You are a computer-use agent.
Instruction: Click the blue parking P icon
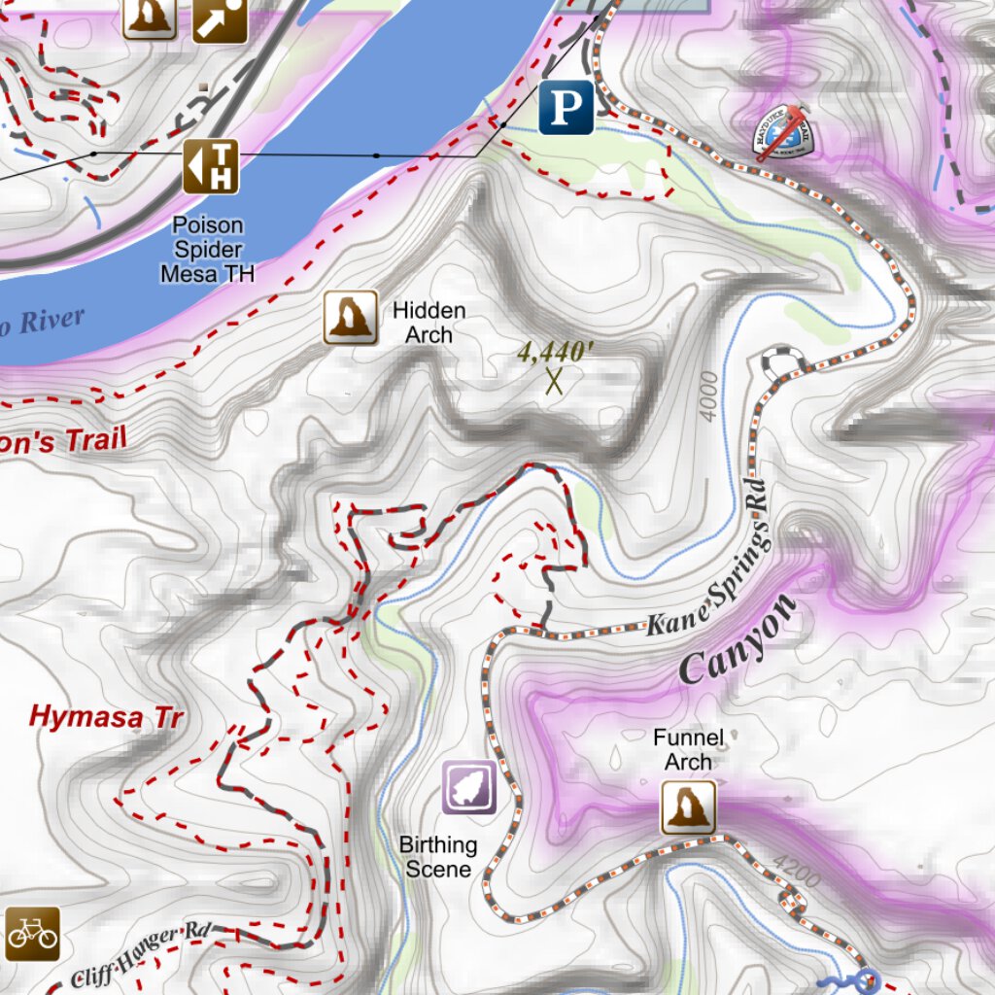coord(566,106)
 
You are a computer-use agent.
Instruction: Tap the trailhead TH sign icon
coord(211,166)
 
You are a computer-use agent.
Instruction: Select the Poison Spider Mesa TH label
coord(207,250)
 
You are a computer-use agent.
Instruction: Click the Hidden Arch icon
coord(350,317)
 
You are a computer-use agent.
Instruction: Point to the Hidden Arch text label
coord(429,323)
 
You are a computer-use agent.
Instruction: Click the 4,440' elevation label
coord(555,352)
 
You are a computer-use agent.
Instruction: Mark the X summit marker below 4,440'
coord(555,381)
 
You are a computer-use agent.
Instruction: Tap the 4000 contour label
coord(709,396)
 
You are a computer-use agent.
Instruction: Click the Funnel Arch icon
coord(689,807)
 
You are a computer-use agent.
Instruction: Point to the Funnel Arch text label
coord(688,750)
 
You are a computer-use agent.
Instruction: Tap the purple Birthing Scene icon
coord(470,787)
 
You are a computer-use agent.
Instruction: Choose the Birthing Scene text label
coord(438,857)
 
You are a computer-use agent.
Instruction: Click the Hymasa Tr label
coord(106,718)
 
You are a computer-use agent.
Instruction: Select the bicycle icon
coord(32,935)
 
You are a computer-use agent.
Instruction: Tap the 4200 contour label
coord(797,871)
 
